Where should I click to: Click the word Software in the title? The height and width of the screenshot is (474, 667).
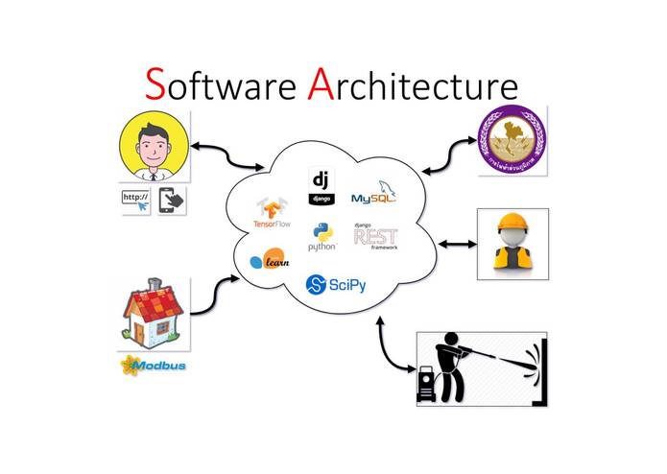pyautogui.click(x=223, y=85)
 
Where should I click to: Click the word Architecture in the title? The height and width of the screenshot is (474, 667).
pyautogui.click(x=413, y=85)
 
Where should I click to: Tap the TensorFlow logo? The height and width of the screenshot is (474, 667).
pyautogui.click(x=272, y=213)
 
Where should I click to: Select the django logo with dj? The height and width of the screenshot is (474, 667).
pyautogui.click(x=320, y=184)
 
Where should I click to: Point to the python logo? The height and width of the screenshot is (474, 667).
pyautogui.click(x=322, y=237)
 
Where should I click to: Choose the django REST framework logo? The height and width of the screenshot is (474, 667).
pyautogui.click(x=375, y=236)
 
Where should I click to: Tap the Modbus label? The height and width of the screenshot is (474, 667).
pyautogui.click(x=154, y=365)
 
